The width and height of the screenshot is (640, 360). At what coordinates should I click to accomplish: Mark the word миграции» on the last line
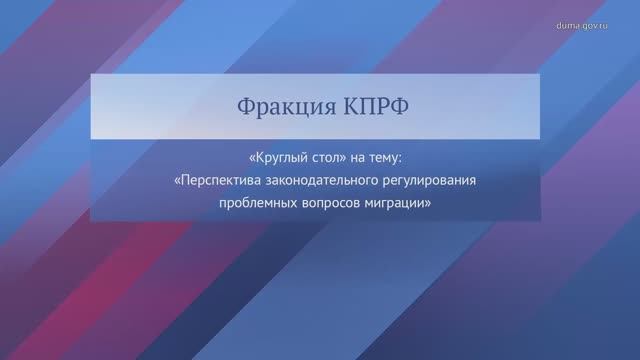[400, 202]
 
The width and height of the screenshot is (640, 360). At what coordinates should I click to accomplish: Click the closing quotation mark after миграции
[428, 202]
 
